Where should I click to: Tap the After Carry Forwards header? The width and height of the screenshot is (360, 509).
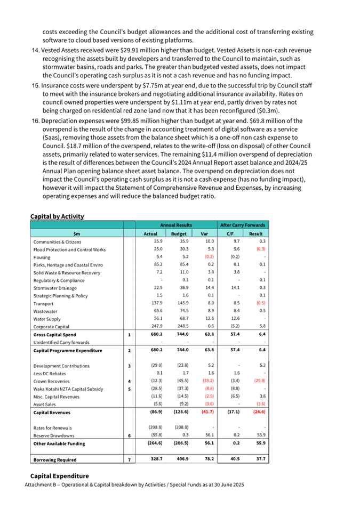point(243,225)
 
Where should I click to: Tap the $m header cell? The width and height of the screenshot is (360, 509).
point(77,233)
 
